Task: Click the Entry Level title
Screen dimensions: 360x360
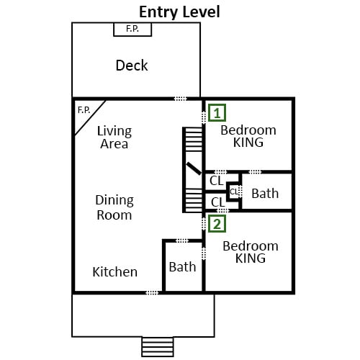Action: tap(179, 12)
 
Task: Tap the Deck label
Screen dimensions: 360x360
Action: tap(132, 66)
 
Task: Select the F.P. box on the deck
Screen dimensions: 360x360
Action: tap(132, 30)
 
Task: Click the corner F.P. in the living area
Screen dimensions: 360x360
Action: tap(84, 110)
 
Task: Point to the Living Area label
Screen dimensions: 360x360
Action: tap(114, 138)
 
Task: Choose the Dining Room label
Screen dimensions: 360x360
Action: tap(114, 207)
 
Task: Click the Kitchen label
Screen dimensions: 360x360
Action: tap(115, 272)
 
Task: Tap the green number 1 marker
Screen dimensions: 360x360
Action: tap(217, 113)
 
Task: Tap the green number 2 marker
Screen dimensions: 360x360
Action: tap(217, 224)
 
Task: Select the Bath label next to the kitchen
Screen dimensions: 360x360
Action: tap(182, 267)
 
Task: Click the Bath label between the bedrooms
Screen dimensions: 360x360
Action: tap(265, 194)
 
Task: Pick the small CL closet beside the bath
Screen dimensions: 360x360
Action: tap(234, 192)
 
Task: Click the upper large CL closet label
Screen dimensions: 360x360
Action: tap(217, 181)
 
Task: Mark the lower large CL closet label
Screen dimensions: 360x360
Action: tap(218, 202)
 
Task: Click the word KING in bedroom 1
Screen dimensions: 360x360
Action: tap(248, 143)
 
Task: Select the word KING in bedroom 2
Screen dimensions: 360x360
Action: tap(251, 258)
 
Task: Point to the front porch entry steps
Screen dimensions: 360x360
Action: tap(158, 347)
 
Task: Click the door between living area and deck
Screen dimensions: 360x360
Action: tap(180, 99)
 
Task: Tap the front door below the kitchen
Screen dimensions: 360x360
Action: tap(152, 292)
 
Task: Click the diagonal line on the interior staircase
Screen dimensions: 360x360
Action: tap(194, 168)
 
